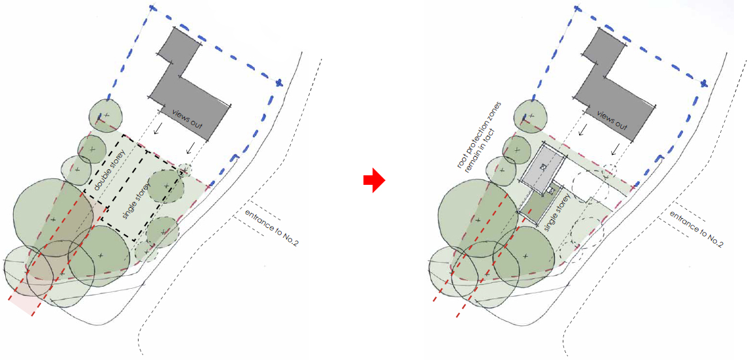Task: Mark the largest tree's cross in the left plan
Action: coord(53,220)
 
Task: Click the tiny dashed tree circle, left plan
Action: coord(184,169)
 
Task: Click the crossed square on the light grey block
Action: coord(543,167)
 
